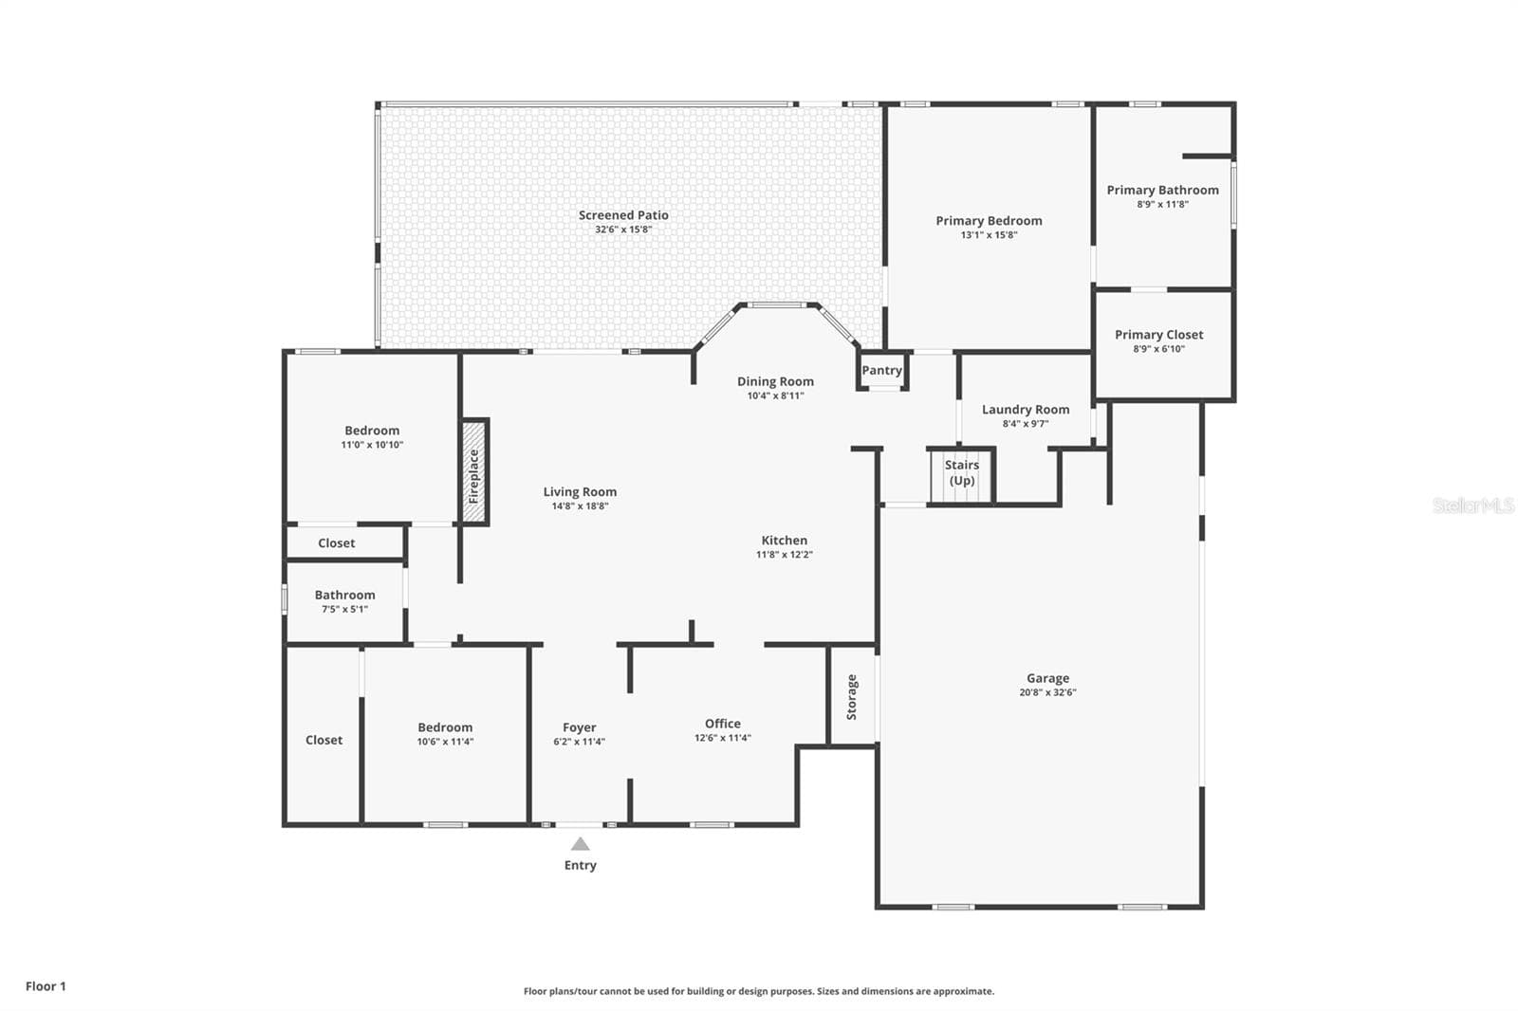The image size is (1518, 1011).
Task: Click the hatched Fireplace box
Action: (x=474, y=471)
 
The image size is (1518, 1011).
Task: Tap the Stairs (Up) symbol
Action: (x=961, y=476)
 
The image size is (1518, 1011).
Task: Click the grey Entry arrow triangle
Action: (x=580, y=844)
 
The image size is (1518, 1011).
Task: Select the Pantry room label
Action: (x=881, y=370)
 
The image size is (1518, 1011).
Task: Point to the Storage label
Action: (x=852, y=696)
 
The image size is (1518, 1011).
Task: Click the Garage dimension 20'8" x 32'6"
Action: (x=1047, y=692)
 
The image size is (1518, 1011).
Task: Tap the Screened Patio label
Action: (x=623, y=214)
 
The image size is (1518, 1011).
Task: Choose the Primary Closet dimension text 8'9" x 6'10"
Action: (x=1158, y=349)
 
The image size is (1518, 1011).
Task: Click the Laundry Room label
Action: (x=1026, y=410)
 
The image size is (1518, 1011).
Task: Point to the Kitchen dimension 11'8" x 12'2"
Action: (x=784, y=554)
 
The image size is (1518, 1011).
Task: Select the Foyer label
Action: (x=580, y=727)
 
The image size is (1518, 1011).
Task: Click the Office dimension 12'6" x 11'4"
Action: (x=722, y=738)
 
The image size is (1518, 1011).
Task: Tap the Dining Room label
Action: (x=775, y=381)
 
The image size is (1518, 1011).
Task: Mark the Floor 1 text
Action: (x=46, y=986)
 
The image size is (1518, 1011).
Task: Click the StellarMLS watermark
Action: (x=1473, y=505)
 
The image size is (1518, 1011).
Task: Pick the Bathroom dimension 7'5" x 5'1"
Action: (x=345, y=609)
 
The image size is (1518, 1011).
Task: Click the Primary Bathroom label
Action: (x=1163, y=190)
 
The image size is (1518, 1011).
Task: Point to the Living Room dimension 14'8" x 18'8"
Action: (x=580, y=506)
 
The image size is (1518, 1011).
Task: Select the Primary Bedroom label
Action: (x=989, y=220)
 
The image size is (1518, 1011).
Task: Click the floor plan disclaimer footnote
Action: (x=759, y=991)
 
